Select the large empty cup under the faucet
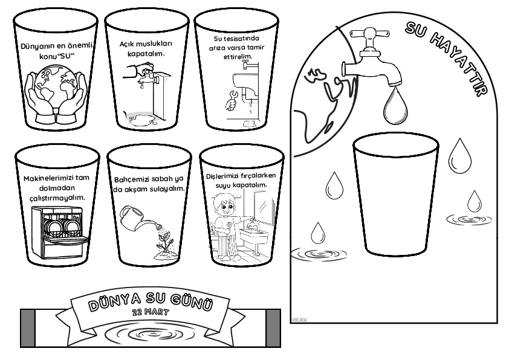[x=396, y=194]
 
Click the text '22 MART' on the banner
[x=151, y=312]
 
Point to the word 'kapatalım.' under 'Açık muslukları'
[x=146, y=54]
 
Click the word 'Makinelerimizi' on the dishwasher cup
[x=49, y=178]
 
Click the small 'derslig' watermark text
[x=299, y=319]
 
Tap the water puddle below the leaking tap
[x=141, y=118]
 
